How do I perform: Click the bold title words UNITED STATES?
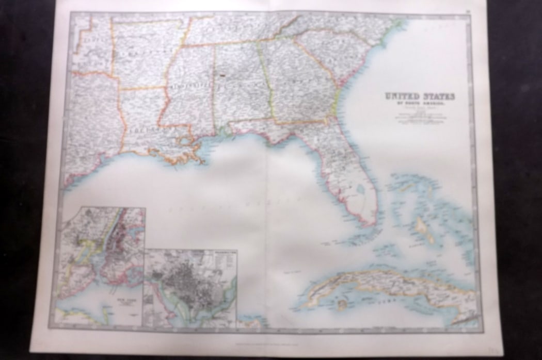pyautogui.click(x=420, y=96)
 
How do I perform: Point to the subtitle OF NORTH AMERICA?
pyautogui.click(x=420, y=103)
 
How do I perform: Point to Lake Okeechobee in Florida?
pyautogui.click(x=360, y=189)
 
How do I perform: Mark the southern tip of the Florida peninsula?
pyautogui.click(x=368, y=223)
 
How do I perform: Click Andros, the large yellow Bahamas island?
pyautogui.click(x=422, y=227)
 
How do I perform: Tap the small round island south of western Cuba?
pyautogui.click(x=341, y=304)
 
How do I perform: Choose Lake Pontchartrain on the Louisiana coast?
pyautogui.click(x=184, y=140)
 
